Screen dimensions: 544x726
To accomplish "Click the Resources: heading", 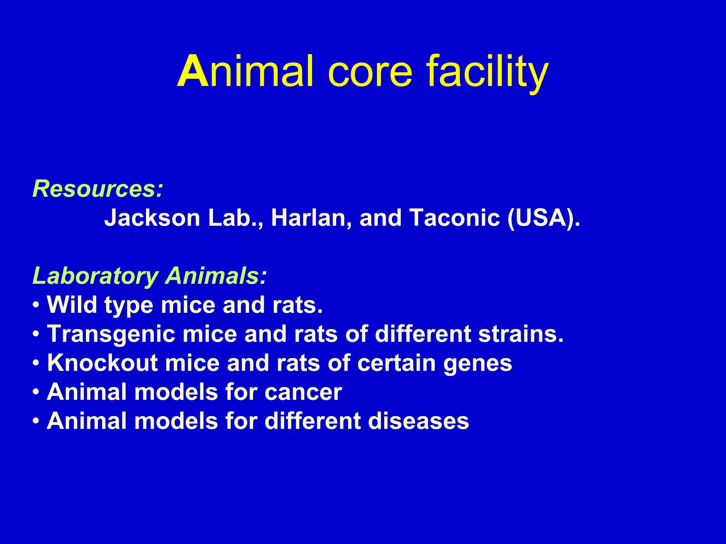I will tap(98, 189).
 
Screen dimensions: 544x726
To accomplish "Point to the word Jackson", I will tap(152, 218).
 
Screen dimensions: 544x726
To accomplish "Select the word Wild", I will tap(72, 305).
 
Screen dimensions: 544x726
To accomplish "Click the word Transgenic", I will tap(111, 334).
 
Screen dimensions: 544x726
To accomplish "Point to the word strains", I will tap(521, 334).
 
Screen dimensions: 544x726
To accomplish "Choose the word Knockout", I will tap(102, 363).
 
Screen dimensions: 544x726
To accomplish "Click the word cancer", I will tap(303, 392).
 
